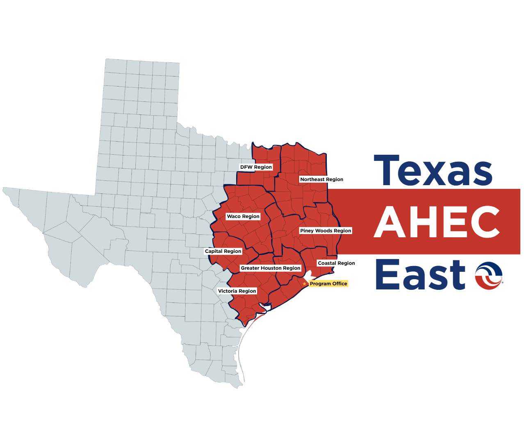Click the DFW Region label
256,167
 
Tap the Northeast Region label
321,179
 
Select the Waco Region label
243,216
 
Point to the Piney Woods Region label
326,231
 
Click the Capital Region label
223,251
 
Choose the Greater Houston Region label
271,268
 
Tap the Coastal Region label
336,263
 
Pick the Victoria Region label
237,291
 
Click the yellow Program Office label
328,284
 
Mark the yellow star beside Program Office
304,284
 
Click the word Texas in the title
433,171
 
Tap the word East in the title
420,274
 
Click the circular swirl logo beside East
489,275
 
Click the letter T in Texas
386,170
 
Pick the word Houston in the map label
271,268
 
